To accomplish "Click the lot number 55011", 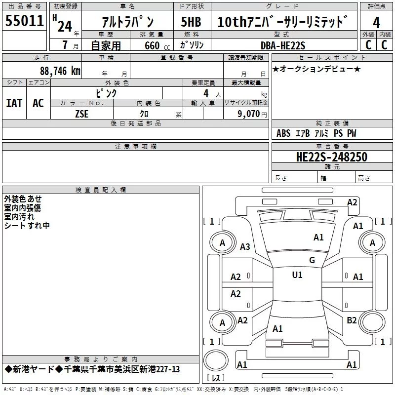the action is [x=25, y=22].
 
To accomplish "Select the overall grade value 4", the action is [x=376, y=23].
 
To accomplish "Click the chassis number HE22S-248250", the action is [x=331, y=157].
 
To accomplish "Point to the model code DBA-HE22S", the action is [x=283, y=45].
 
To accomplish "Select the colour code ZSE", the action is [x=82, y=113].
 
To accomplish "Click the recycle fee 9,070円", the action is [x=252, y=114].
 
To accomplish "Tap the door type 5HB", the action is [x=191, y=22].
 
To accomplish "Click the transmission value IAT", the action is [x=14, y=103].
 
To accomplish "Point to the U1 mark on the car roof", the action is [x=297, y=275].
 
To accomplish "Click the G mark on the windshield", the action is [x=312, y=260].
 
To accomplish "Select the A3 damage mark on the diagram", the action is [x=245, y=247].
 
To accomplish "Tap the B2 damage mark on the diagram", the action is [x=352, y=320].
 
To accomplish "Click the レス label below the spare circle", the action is [x=216, y=379].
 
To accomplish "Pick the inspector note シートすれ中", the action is [x=27, y=226].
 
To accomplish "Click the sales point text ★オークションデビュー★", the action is [x=316, y=69].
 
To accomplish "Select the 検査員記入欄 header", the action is [x=101, y=190].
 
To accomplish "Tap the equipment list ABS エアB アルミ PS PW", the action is [x=316, y=133].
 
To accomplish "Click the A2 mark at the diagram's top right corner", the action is [x=352, y=202].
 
